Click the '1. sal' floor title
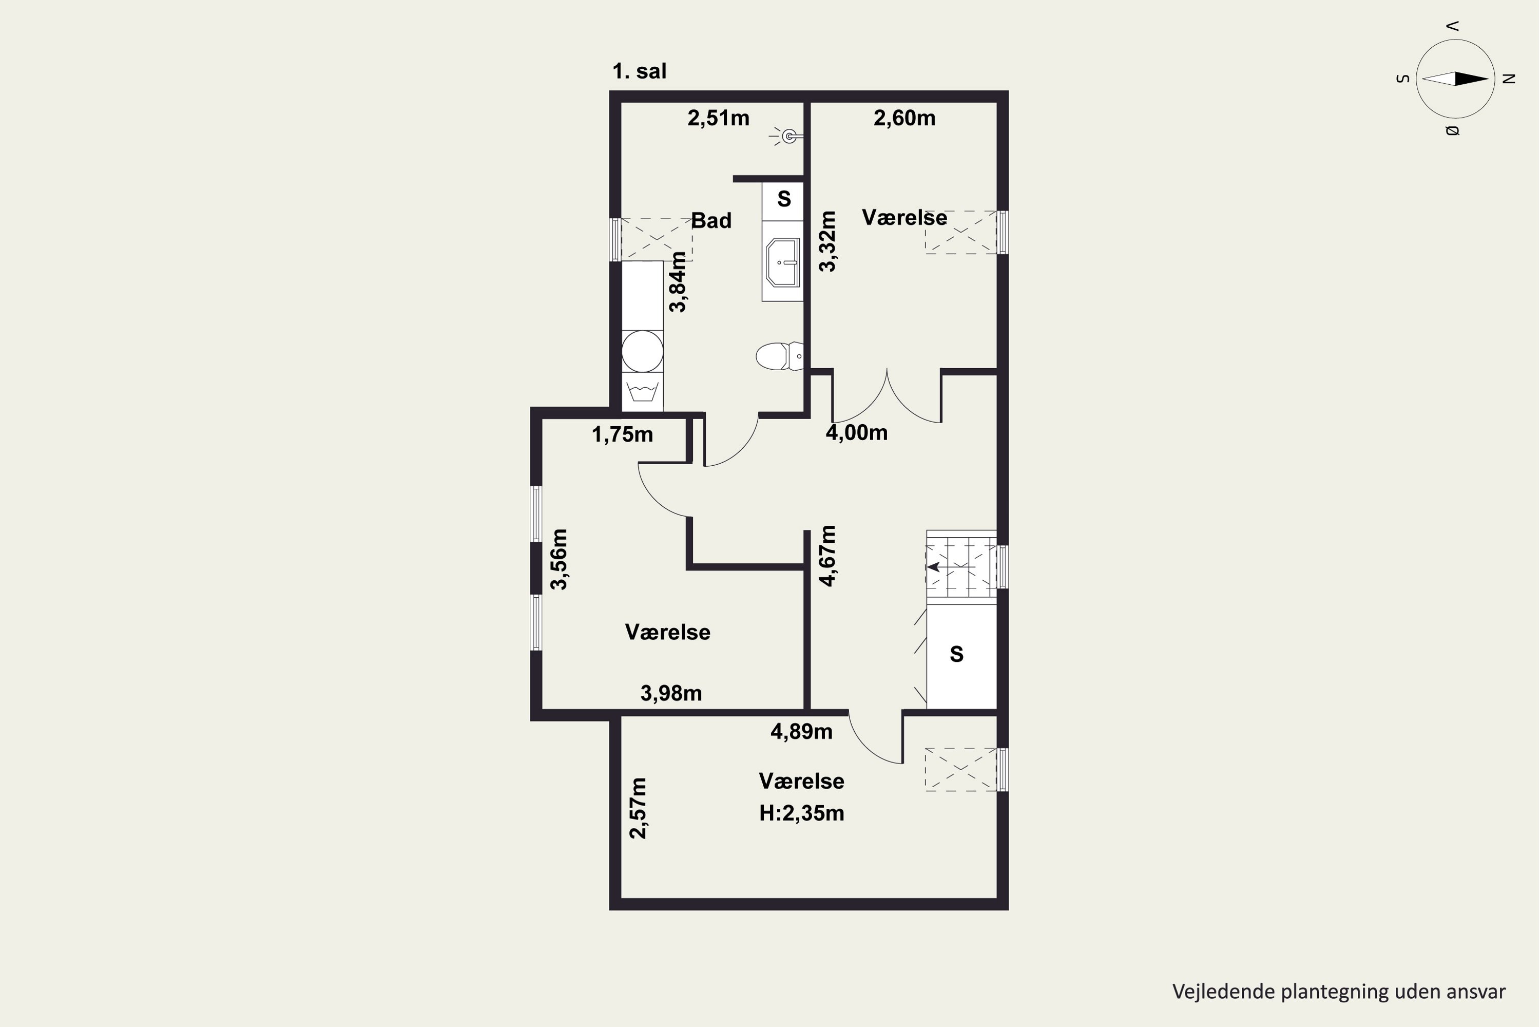coord(639,71)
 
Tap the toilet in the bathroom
coord(779,356)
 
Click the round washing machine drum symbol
coord(642,351)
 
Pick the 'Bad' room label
coord(711,221)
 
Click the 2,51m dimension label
coord(718,118)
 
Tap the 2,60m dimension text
coord(904,118)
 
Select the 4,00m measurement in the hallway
coord(856,432)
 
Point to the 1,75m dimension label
coord(622,434)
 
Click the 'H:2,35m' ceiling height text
coord(801,813)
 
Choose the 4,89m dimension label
coord(801,732)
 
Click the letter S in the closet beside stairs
coord(957,654)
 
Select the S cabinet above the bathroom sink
coord(783,200)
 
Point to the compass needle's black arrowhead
coord(1472,79)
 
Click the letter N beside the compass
coord(1509,79)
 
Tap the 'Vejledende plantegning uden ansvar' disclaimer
coord(1339,992)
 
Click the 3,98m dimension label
coord(671,693)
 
